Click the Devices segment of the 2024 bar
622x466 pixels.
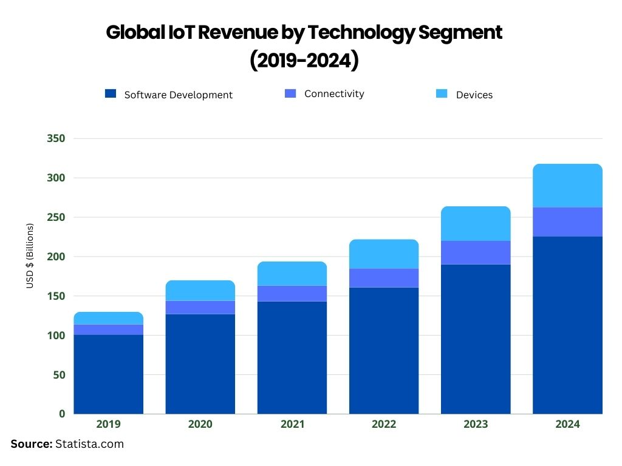pyautogui.click(x=567, y=186)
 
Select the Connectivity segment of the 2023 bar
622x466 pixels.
pyautogui.click(x=476, y=252)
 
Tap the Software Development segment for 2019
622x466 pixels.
pyautogui.click(x=109, y=374)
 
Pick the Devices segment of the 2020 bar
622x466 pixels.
pyautogui.click(x=200, y=291)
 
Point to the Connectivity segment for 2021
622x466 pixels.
pyautogui.click(x=292, y=293)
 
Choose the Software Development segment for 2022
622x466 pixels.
pyautogui.click(x=384, y=350)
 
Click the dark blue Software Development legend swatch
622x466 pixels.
pyautogui.click(x=110, y=93)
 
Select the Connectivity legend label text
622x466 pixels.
pyautogui.click(x=334, y=93)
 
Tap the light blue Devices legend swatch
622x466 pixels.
pyautogui.click(x=442, y=93)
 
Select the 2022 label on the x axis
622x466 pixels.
pyautogui.click(x=384, y=424)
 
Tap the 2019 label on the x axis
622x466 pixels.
pyautogui.click(x=109, y=424)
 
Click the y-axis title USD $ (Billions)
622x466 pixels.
pyautogui.click(x=30, y=256)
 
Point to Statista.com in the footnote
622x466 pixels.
pyautogui.click(x=89, y=444)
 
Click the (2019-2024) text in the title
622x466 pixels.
pyautogui.click(x=304, y=61)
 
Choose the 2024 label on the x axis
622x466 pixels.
pyautogui.click(x=567, y=424)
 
